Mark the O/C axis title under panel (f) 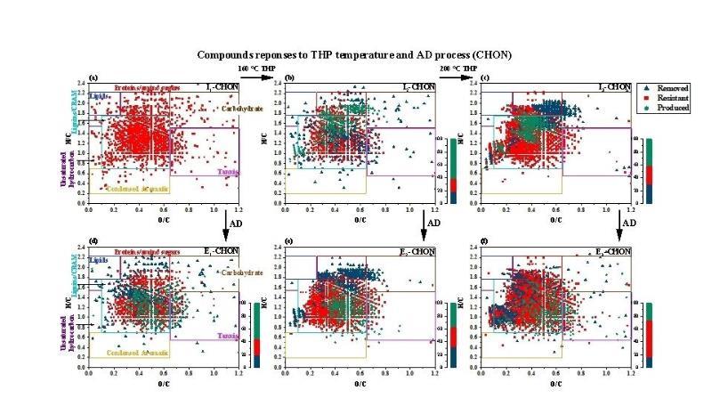click(x=554, y=383)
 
